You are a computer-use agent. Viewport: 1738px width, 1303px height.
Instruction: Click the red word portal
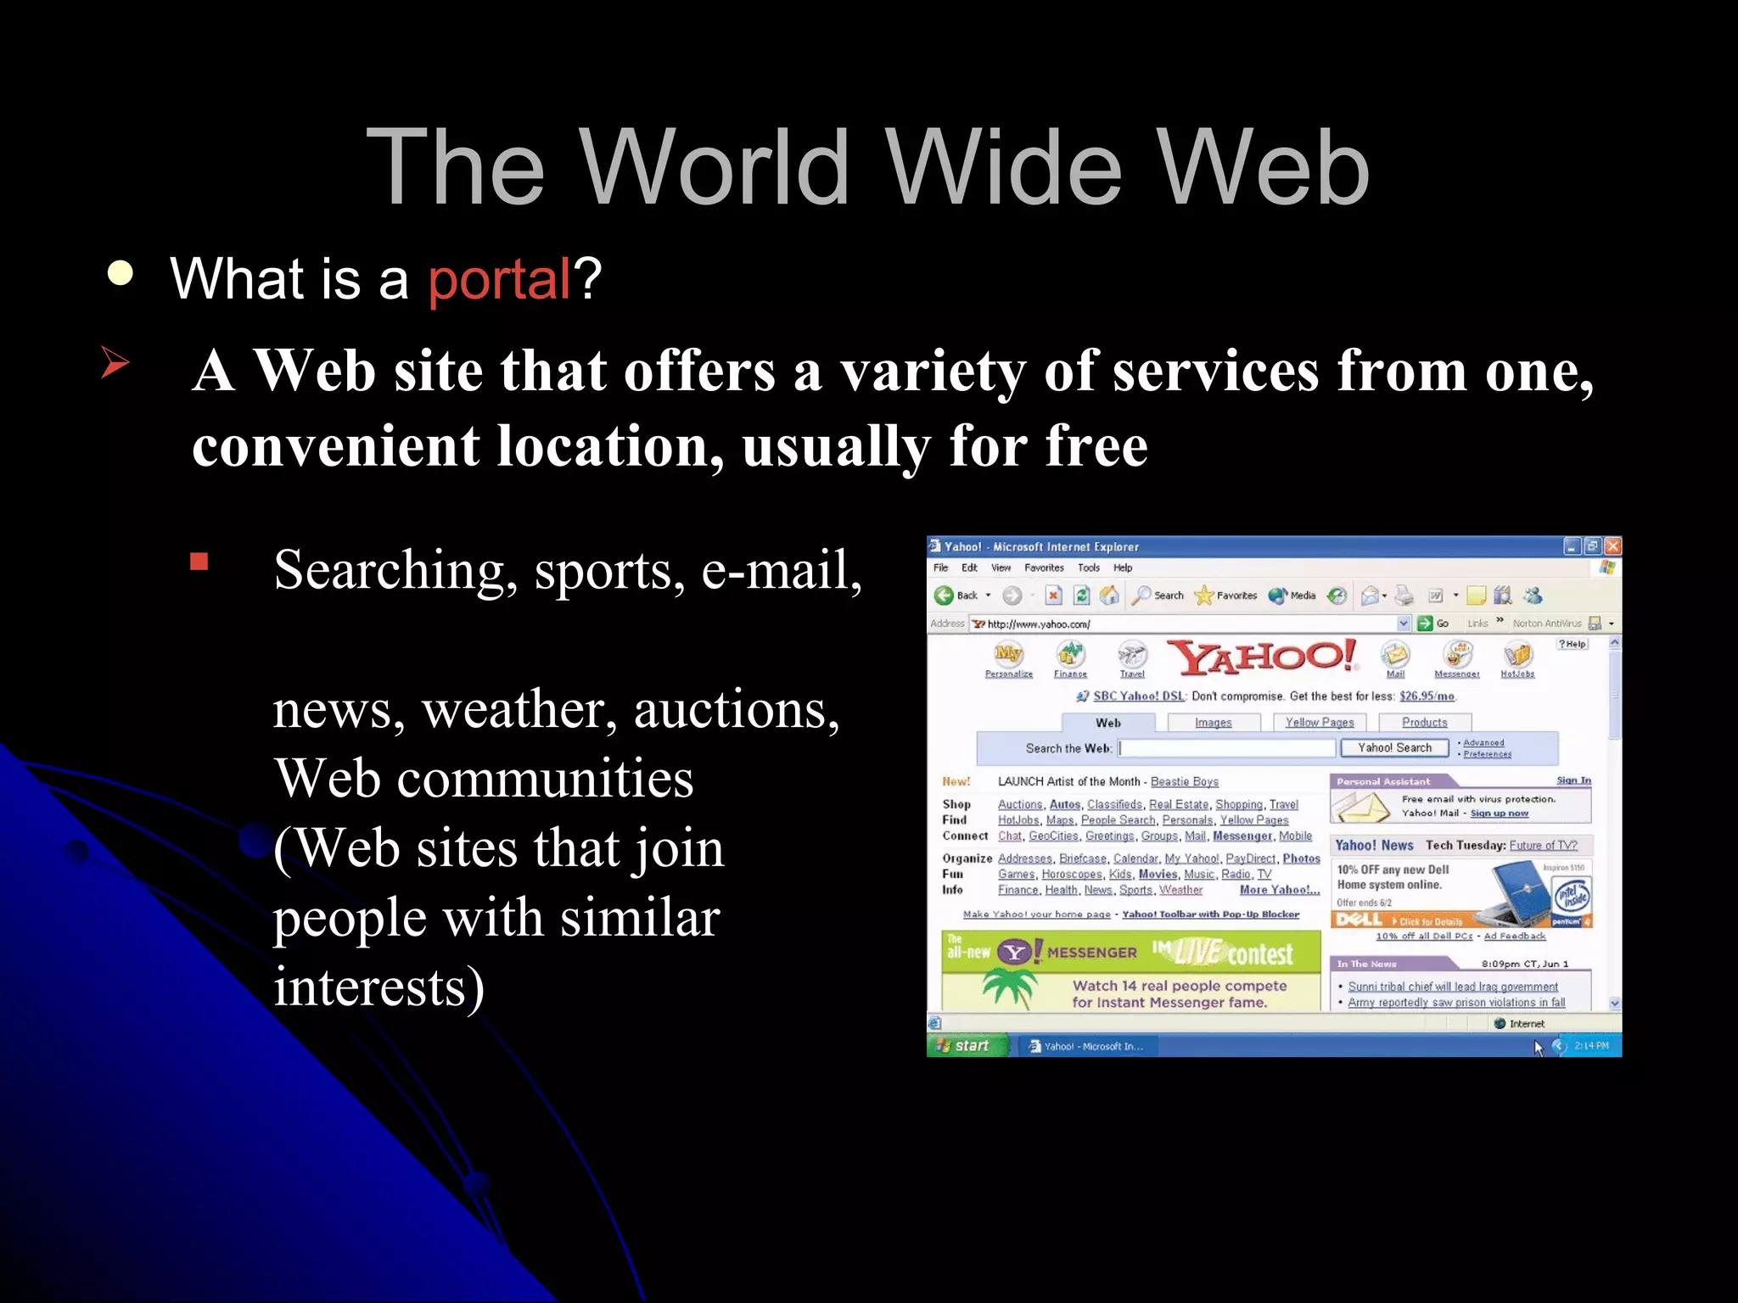(x=499, y=280)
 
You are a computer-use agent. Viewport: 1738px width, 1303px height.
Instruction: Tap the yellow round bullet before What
(x=121, y=273)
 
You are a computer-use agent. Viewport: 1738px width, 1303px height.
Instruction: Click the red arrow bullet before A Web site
(x=115, y=362)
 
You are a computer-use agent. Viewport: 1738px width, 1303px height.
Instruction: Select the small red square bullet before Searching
(x=199, y=562)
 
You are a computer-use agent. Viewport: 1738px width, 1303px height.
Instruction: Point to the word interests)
(x=378, y=987)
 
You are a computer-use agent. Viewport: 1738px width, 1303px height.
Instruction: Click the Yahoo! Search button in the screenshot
(x=1393, y=748)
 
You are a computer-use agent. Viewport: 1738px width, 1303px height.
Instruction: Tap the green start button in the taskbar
(x=965, y=1046)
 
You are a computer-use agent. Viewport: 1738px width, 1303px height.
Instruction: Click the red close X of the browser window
(x=1612, y=546)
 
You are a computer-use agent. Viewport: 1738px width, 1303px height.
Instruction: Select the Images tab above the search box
(x=1213, y=723)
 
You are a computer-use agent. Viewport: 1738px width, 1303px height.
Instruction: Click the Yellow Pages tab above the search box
(x=1319, y=723)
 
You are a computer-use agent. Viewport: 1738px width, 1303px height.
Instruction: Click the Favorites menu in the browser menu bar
(x=1044, y=568)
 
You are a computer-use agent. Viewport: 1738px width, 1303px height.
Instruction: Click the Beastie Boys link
(x=1184, y=782)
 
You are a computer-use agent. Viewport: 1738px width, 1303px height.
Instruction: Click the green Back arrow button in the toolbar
(x=944, y=596)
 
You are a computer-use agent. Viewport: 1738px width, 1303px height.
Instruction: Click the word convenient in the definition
(x=335, y=447)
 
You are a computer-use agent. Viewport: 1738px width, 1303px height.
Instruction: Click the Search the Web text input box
(x=1226, y=748)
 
